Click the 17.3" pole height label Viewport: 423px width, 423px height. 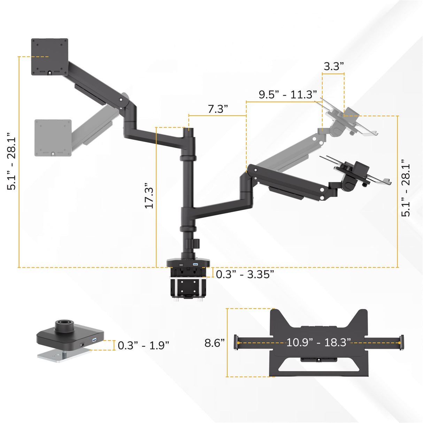click(149, 196)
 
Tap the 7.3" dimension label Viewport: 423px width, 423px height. click(218, 109)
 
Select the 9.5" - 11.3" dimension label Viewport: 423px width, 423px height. click(288, 94)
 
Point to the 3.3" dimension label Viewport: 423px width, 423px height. click(333, 66)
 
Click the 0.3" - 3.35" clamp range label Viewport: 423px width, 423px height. click(245, 274)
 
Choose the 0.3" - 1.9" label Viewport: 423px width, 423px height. click(143, 345)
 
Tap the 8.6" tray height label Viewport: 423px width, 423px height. click(214, 343)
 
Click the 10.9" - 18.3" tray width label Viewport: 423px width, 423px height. click(318, 342)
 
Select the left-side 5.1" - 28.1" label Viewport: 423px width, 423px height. click(12, 161)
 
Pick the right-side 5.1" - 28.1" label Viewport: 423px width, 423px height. click(406, 188)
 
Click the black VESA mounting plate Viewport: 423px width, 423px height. click(49, 56)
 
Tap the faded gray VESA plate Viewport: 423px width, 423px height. click(53, 138)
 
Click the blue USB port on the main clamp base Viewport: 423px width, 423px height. click(195, 265)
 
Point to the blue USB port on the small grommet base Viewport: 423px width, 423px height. click(94, 340)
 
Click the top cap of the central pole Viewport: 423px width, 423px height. click(189, 130)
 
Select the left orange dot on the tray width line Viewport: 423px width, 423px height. click(238, 343)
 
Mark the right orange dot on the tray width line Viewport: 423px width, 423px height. click(399, 343)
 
